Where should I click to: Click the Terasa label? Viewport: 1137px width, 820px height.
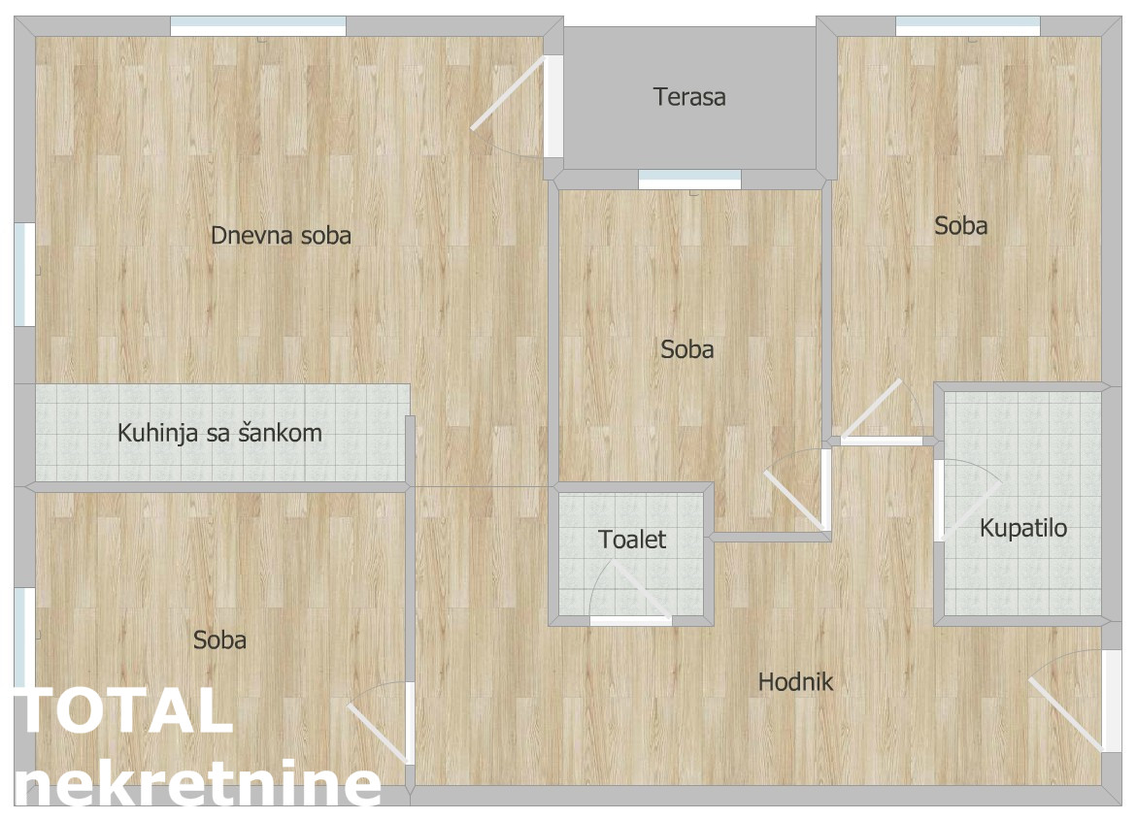(688, 97)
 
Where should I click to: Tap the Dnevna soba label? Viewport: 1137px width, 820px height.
(282, 236)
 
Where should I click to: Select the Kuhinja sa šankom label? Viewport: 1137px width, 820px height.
(219, 434)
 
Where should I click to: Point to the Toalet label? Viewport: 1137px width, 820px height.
(632, 540)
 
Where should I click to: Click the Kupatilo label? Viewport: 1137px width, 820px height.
(1023, 529)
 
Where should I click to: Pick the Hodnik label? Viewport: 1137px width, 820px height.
(795, 682)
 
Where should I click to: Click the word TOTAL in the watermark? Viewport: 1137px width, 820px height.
(123, 711)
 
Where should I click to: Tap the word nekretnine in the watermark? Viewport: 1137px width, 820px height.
(197, 784)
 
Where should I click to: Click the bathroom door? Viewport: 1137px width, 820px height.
(967, 501)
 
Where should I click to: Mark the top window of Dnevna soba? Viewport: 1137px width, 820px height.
(258, 26)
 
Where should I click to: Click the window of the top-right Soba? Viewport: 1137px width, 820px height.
(968, 26)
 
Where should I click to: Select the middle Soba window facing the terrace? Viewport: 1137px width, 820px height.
(689, 180)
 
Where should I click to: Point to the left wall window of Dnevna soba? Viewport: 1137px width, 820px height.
(24, 275)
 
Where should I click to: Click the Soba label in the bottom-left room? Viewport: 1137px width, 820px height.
(219, 640)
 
